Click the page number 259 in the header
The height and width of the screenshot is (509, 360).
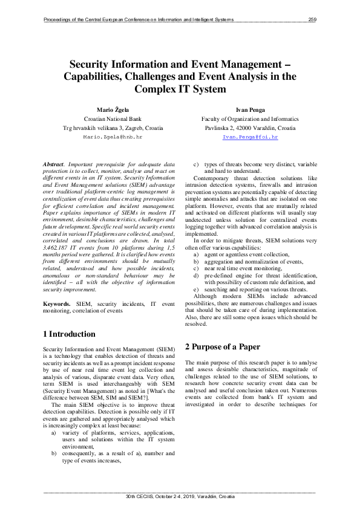point(312,20)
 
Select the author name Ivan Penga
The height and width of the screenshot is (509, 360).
point(249,110)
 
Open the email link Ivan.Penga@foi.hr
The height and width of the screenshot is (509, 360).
point(249,138)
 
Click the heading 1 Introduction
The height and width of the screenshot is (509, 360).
point(70,334)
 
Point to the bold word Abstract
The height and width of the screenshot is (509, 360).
point(54,164)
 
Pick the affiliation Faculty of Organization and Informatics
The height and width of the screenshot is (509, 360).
point(249,119)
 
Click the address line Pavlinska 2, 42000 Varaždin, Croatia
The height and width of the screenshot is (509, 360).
point(249,128)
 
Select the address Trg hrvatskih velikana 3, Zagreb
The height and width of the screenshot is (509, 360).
point(113,128)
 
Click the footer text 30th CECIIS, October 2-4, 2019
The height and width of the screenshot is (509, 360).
point(180,496)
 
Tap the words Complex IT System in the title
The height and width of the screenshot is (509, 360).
point(180,89)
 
